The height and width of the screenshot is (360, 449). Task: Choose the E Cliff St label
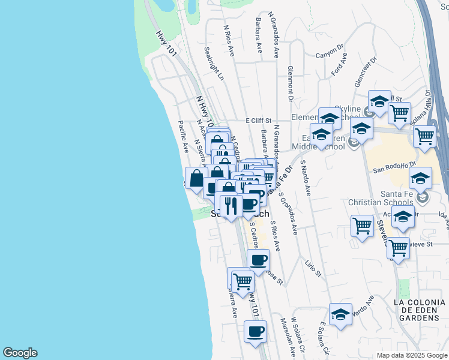259,121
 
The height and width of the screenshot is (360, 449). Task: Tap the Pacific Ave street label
183,136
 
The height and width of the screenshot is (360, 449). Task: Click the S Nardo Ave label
306,178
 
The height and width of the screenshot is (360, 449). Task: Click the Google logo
20,353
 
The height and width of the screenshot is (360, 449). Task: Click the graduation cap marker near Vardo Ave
340,314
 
